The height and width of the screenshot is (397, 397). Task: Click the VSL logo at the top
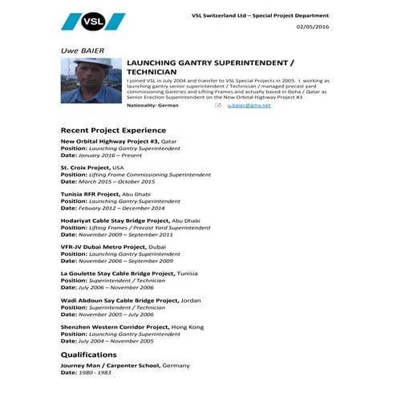point(93,22)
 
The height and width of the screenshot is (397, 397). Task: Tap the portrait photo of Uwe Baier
point(90,80)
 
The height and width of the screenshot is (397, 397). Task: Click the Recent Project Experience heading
point(113,130)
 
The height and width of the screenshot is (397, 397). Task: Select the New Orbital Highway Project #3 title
point(110,141)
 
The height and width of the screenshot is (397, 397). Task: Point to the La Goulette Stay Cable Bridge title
point(117,273)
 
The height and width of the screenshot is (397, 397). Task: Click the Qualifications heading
point(88,354)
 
